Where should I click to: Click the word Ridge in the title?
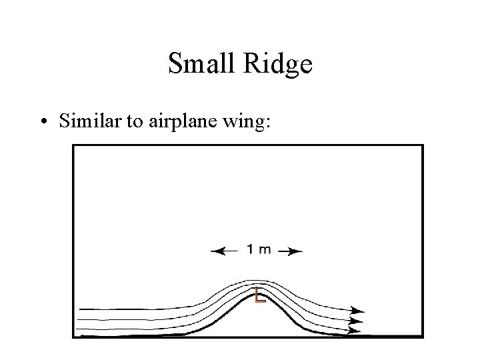point(279,65)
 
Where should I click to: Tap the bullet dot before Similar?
point(43,122)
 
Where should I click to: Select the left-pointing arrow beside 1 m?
point(224,251)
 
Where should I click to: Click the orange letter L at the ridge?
point(259,296)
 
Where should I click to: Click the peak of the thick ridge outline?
point(258,293)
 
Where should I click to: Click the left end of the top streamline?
point(80,309)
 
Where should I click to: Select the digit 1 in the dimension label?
point(249,250)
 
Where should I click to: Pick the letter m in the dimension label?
point(264,250)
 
